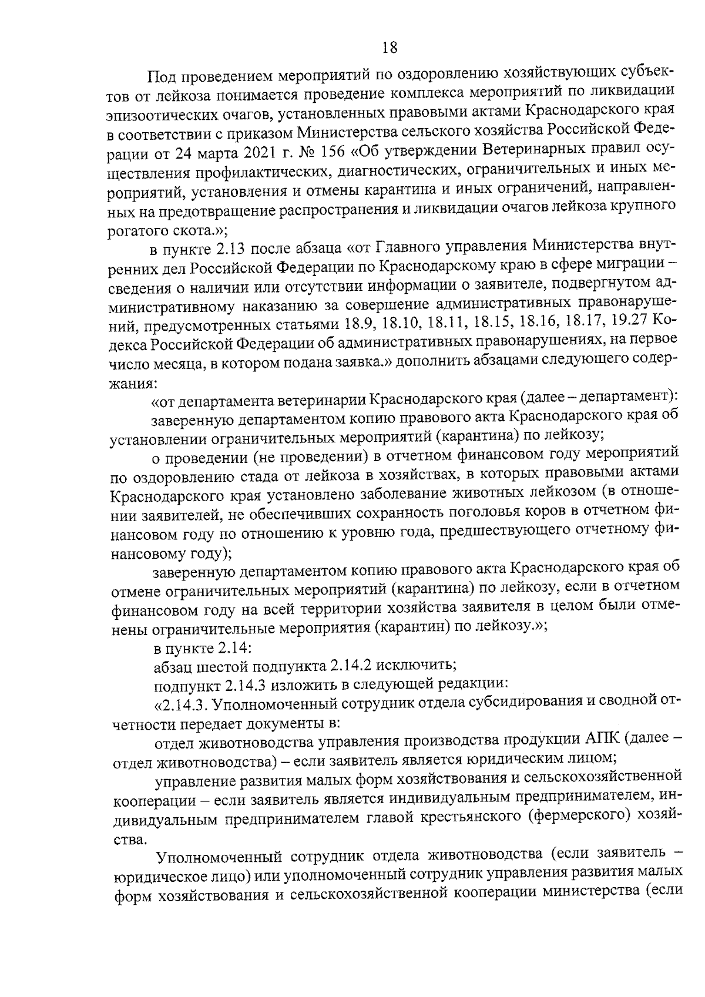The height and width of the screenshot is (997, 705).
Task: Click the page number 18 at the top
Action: pyautogui.click(x=390, y=47)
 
